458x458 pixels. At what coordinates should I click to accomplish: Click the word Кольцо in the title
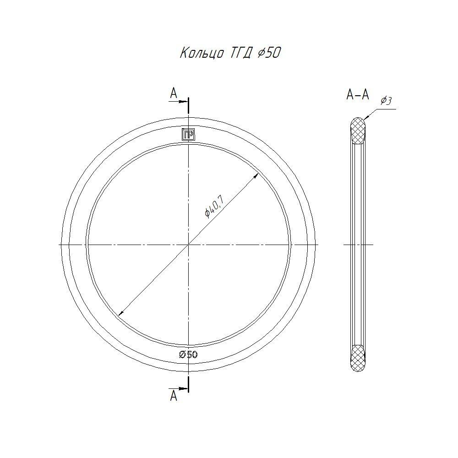(202, 53)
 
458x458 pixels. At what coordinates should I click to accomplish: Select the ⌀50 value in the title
(269, 53)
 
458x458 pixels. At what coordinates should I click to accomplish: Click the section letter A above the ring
(174, 93)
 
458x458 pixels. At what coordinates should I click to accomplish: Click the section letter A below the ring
(174, 396)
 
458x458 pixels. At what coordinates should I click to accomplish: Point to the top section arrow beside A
(178, 101)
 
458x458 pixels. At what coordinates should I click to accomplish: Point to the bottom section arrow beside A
(178, 388)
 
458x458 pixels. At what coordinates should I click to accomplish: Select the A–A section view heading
(358, 95)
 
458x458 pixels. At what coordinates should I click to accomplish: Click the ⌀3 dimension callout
(386, 101)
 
